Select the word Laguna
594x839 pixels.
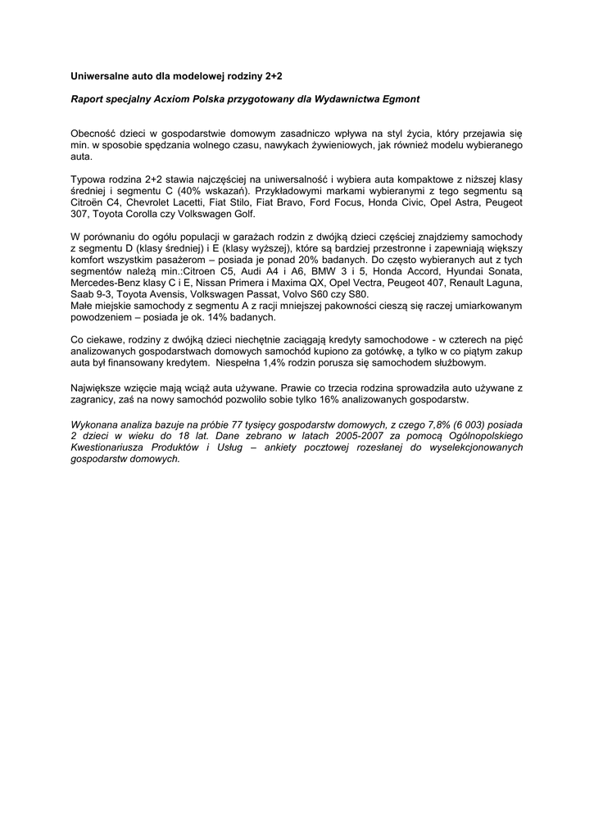tap(502, 283)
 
